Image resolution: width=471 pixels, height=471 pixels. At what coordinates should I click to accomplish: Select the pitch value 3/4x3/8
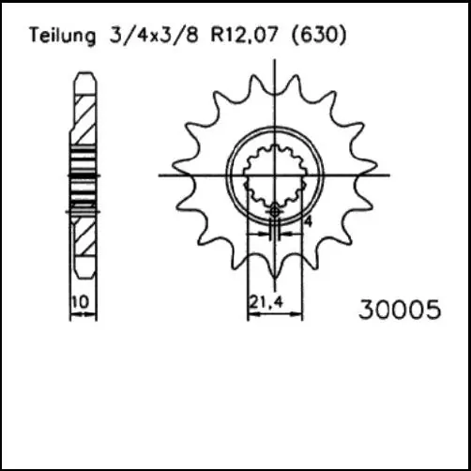pyautogui.click(x=139, y=37)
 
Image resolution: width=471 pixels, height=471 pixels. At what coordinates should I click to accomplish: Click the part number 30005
pyautogui.click(x=399, y=310)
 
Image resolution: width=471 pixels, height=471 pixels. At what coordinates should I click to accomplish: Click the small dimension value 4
pyautogui.click(x=307, y=221)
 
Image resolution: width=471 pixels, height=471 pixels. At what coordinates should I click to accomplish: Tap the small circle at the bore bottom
pyautogui.click(x=274, y=213)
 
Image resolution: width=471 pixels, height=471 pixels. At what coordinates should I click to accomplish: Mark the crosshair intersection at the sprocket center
pyautogui.click(x=274, y=175)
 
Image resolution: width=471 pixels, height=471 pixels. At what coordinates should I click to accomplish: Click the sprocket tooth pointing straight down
pyautogui.click(x=274, y=266)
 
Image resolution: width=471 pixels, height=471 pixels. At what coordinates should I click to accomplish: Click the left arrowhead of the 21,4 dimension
pyautogui.click(x=250, y=316)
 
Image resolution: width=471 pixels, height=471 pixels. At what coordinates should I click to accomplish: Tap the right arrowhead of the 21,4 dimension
pyautogui.click(x=300, y=316)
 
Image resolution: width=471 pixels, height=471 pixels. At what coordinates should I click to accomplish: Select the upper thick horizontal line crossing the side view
pyautogui.click(x=84, y=175)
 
